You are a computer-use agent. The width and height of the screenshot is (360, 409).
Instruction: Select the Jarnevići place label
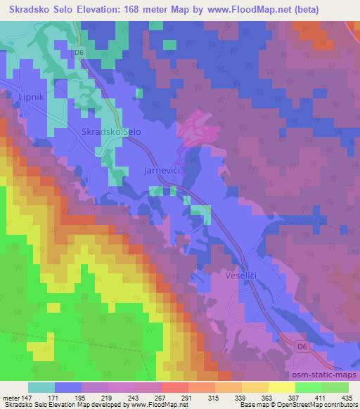click(164, 171)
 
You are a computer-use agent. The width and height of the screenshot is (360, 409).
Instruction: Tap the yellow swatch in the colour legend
click(281, 388)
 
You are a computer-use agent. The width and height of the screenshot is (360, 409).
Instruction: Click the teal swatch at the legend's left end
click(42, 388)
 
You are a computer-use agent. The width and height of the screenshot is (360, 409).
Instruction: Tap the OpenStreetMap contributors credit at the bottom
click(319, 405)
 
